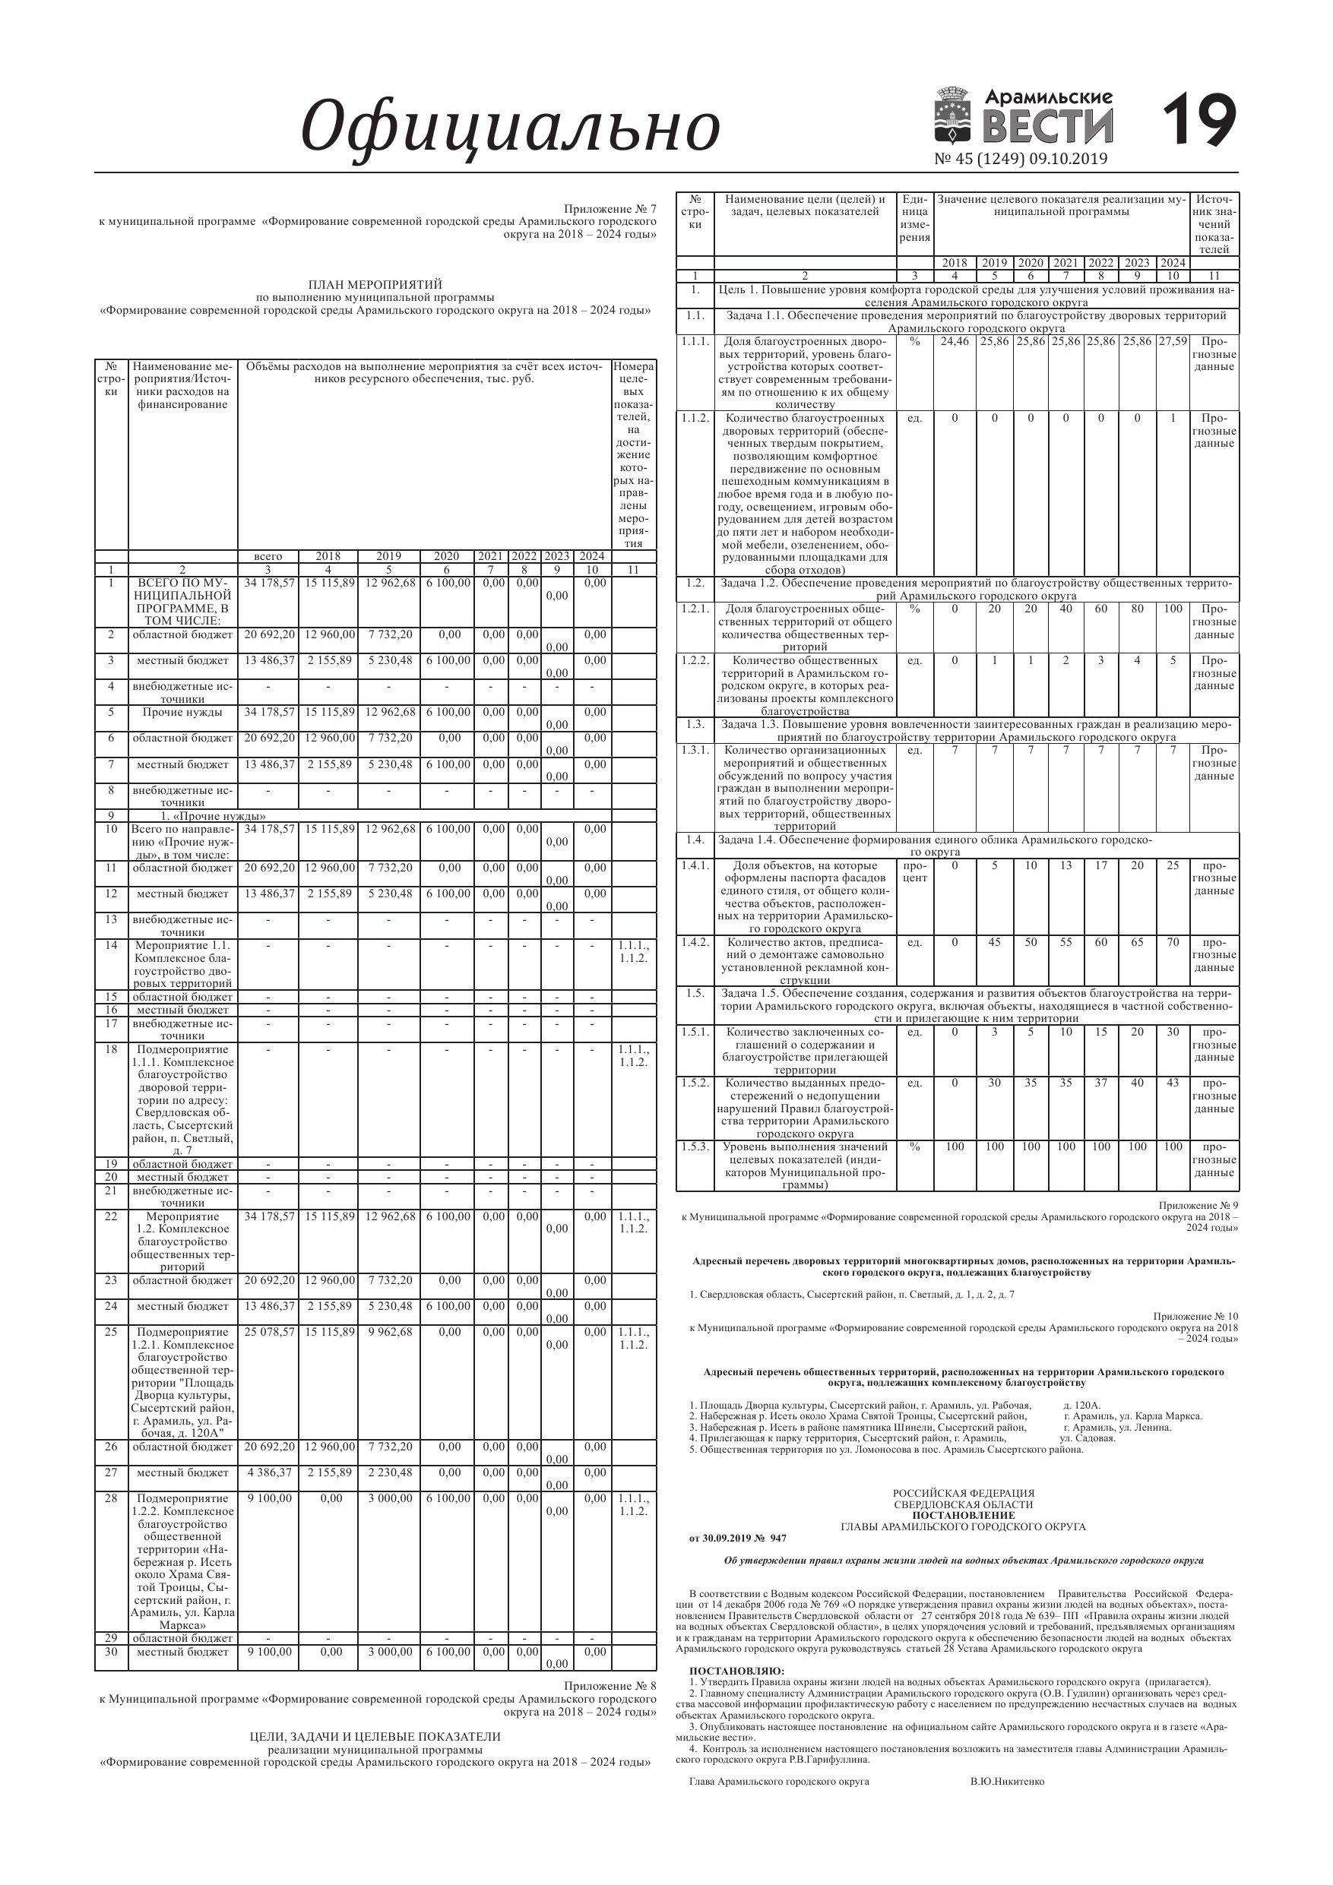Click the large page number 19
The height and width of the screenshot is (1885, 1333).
pyautogui.click(x=1199, y=121)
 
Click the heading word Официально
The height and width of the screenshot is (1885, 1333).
pyautogui.click(x=510, y=127)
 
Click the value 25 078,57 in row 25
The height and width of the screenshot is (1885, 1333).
pyautogui.click(x=268, y=1332)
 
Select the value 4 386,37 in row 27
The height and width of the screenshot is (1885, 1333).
pyautogui.click(x=268, y=1472)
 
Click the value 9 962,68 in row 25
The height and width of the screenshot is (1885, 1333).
pyautogui.click(x=388, y=1332)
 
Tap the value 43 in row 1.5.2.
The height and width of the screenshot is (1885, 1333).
pyautogui.click(x=1173, y=1083)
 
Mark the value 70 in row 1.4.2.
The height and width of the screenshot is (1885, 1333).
pyautogui.click(x=1173, y=942)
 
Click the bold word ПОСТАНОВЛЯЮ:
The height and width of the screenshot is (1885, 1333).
pyautogui.click(x=736, y=1671)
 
